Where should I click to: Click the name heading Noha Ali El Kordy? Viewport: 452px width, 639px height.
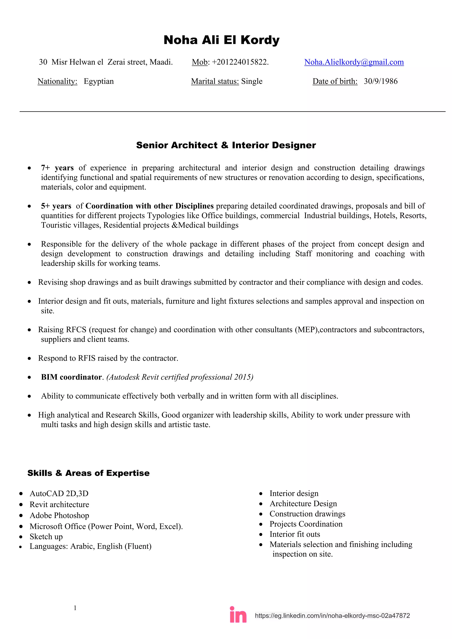pos(221,40)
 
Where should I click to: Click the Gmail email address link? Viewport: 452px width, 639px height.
pos(354,62)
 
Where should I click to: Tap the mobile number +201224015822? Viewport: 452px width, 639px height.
pos(240,62)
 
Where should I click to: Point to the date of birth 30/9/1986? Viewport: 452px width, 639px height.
pos(380,81)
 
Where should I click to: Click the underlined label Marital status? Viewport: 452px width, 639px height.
pos(215,81)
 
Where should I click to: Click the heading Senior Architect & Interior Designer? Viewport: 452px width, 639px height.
pos(226,145)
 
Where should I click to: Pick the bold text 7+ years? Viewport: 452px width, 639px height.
pos(57,168)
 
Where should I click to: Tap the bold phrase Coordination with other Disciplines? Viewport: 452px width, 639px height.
pos(149,206)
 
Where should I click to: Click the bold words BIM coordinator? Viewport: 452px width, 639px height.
pos(72,377)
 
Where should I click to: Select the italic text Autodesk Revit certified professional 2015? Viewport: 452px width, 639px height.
pos(180,377)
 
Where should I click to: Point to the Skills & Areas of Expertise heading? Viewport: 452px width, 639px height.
pos(89,473)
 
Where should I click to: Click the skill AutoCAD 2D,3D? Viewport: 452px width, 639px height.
pos(59,493)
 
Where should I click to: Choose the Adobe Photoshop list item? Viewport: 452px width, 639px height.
pos(59,515)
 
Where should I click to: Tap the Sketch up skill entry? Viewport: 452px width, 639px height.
pos(46,536)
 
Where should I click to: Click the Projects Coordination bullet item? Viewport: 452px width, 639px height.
pos(306,524)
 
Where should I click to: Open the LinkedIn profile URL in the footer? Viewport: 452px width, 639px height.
pos(332,616)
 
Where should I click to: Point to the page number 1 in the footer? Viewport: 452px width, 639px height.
pos(75,608)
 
